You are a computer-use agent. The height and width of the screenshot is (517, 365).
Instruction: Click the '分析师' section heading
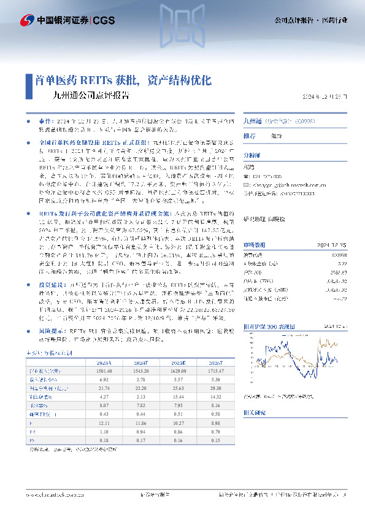[252, 156]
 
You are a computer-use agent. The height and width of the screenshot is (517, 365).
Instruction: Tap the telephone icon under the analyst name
[247, 176]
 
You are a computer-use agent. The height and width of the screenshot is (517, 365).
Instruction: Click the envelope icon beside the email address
[247, 183]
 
